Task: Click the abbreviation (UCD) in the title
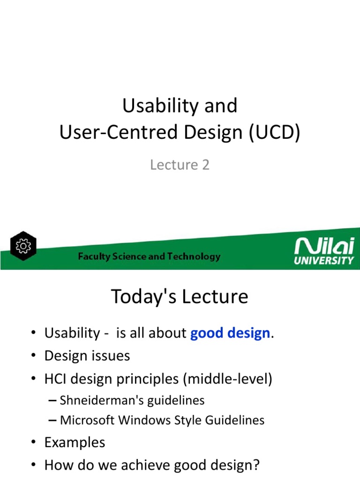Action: click(274, 134)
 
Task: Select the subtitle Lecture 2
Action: click(180, 165)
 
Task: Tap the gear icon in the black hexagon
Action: click(23, 246)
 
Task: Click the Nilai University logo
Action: click(324, 251)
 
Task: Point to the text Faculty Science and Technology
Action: click(149, 256)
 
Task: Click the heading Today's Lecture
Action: click(180, 296)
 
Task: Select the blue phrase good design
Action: click(230, 333)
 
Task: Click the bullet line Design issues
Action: click(87, 356)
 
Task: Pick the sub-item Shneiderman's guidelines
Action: click(132, 400)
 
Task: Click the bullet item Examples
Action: click(75, 442)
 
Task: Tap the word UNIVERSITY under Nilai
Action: click(324, 261)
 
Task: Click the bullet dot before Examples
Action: click(33, 442)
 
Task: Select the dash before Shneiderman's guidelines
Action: click(53, 401)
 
